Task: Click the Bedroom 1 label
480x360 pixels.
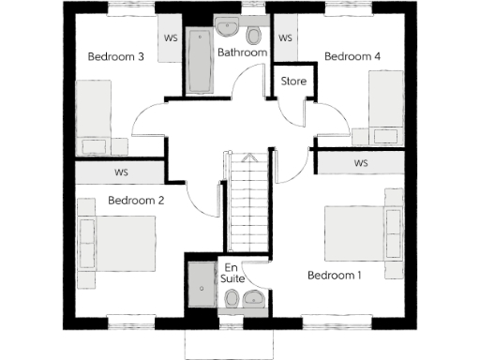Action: pos(334,275)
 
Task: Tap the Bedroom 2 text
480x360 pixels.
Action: pos(136,201)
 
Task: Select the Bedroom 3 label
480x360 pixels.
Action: pos(115,56)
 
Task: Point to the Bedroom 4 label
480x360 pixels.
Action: pos(352,56)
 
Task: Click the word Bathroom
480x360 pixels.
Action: pos(243,53)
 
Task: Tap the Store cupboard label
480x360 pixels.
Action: pos(294,82)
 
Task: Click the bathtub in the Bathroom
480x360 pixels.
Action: pos(200,62)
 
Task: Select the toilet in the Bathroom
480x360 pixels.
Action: pos(255,36)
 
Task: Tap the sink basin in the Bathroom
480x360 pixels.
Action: pos(228,27)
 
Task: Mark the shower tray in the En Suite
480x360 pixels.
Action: pos(201,284)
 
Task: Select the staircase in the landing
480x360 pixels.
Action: pos(247,206)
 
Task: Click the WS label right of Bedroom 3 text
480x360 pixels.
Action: pos(171,38)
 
